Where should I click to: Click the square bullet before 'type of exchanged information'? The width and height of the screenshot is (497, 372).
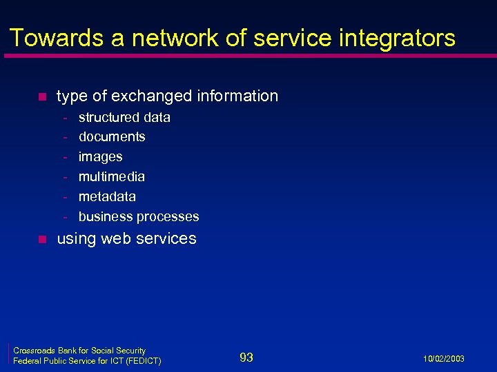click(x=41, y=96)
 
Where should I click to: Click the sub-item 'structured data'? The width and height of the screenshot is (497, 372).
click(x=124, y=117)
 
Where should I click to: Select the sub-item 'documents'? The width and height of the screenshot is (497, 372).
click(x=112, y=136)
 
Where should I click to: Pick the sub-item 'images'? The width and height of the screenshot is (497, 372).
click(x=100, y=156)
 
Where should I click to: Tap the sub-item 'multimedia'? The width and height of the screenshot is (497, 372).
click(x=112, y=176)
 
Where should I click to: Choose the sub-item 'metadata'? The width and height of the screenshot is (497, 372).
click(x=107, y=196)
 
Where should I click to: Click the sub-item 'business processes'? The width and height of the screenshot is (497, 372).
click(x=139, y=216)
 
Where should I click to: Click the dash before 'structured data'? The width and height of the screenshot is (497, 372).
click(x=66, y=118)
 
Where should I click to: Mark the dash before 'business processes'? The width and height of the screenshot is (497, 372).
click(x=66, y=217)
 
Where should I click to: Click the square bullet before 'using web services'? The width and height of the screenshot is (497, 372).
click(x=41, y=240)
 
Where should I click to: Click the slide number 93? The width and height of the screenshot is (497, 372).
click(x=246, y=357)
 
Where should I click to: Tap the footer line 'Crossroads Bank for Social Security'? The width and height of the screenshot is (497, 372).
click(x=79, y=351)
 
